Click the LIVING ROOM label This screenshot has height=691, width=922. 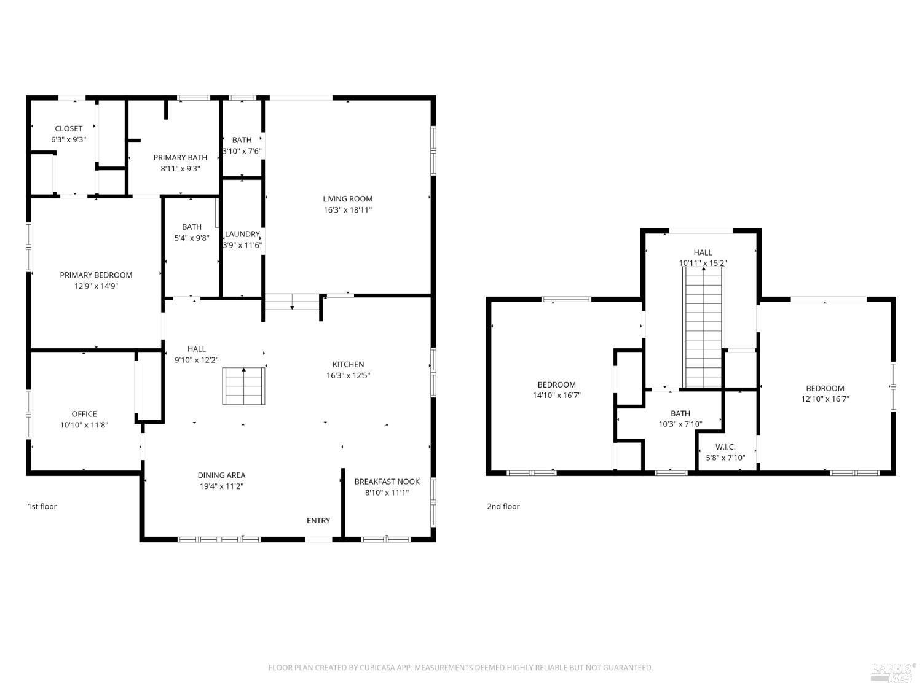click(347, 199)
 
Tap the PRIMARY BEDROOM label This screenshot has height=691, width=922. click(96, 275)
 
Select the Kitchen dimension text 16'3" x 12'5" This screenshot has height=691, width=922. click(349, 375)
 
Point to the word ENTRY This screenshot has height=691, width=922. click(318, 521)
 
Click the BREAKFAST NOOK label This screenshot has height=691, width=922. click(387, 482)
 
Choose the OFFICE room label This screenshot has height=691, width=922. click(84, 414)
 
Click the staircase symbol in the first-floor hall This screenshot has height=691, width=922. click(243, 386)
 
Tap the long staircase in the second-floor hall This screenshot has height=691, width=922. click(704, 327)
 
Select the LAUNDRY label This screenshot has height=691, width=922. click(242, 234)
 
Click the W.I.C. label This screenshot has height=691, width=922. click(725, 447)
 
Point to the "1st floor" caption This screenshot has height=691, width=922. click(42, 506)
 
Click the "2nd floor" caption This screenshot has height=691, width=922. click(503, 506)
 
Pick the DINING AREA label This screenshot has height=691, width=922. click(221, 475)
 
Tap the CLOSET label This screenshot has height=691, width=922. click(68, 129)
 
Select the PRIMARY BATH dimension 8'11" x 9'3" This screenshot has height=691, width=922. click(180, 169)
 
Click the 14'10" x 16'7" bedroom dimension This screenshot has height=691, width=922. click(556, 395)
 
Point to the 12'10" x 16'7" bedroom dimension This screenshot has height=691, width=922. click(825, 399)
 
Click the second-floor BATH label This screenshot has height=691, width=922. click(680, 413)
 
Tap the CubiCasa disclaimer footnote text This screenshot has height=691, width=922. click(461, 668)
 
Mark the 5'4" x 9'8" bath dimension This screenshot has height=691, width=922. click(192, 238)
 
